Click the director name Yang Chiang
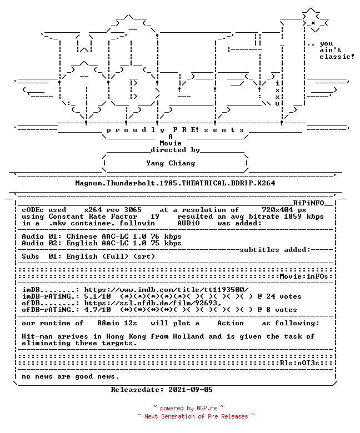(x=171, y=163)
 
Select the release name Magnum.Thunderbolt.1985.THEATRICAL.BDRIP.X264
(x=175, y=183)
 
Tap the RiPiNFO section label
(x=308, y=203)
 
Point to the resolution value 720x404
(x=277, y=210)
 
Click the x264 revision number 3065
(x=133, y=210)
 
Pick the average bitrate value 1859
(x=293, y=216)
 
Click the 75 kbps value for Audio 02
(x=166, y=243)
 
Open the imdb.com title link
(x=166, y=290)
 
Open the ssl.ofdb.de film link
(x=153, y=303)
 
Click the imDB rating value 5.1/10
(x=97, y=296)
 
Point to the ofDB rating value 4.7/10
(x=97, y=310)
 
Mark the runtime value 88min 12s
(x=117, y=323)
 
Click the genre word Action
(x=231, y=323)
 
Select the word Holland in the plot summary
(x=188, y=336)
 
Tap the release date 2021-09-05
(x=191, y=390)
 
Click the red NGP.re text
(x=207, y=408)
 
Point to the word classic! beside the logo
(x=337, y=57)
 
